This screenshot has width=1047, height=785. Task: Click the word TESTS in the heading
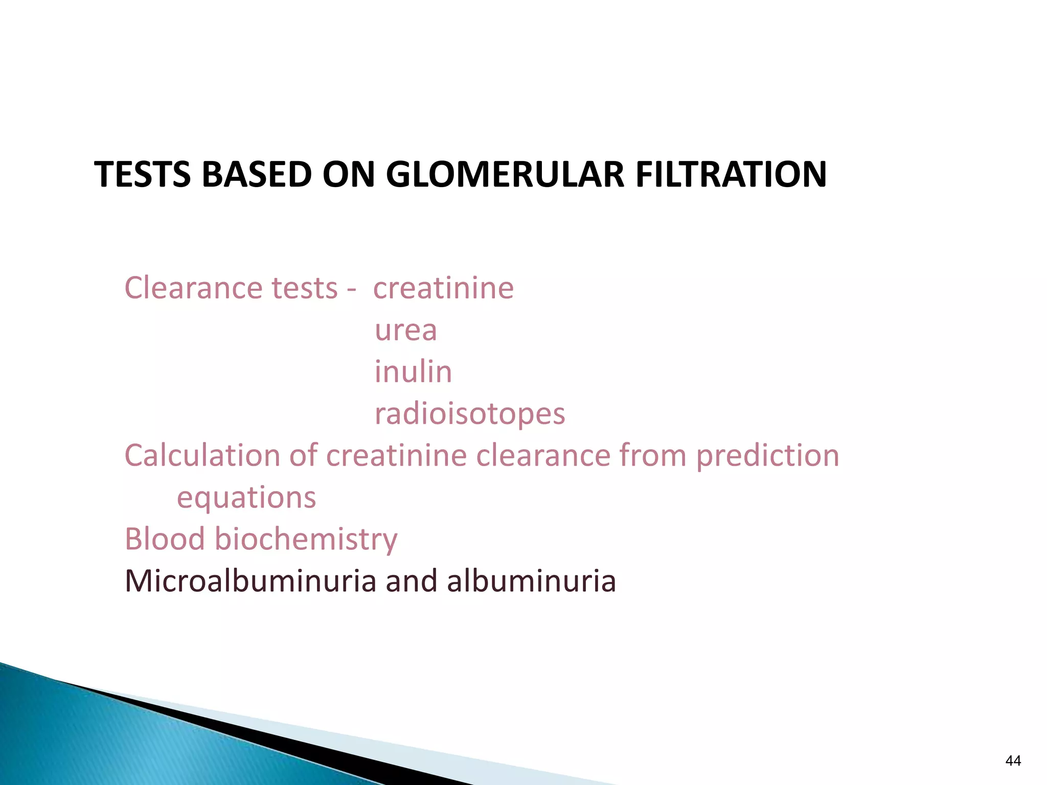(143, 174)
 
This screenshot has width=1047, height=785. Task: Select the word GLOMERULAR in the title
(505, 174)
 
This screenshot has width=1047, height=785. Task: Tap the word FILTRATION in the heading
(731, 174)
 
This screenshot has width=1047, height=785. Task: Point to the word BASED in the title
(257, 174)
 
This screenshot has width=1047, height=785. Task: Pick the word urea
(406, 330)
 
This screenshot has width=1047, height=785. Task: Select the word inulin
(413, 372)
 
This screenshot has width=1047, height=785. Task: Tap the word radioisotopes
(470, 413)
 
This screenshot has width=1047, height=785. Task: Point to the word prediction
(768, 455)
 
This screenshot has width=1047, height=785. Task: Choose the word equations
(246, 497)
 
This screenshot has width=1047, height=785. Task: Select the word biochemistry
(305, 539)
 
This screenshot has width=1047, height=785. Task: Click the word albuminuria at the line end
(532, 581)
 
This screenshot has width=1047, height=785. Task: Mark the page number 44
(1013, 761)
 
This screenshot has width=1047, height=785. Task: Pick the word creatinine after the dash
(443, 288)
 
